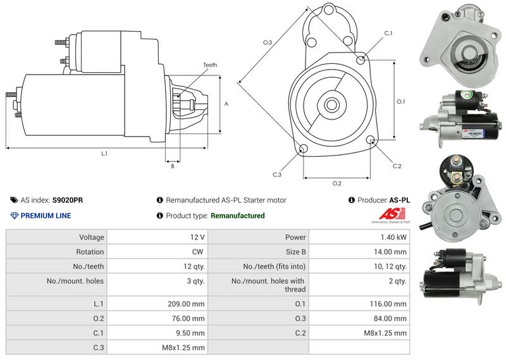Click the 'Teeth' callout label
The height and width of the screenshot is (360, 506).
[x=210, y=65]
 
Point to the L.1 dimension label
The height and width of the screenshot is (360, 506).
[x=104, y=154]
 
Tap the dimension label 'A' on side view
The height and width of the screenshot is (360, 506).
[x=226, y=103]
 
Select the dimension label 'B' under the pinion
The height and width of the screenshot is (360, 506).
[x=172, y=166]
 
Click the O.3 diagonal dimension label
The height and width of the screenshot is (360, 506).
[x=267, y=42]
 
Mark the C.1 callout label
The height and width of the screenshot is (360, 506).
[x=388, y=33]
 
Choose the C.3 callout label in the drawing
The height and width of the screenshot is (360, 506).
[x=277, y=175]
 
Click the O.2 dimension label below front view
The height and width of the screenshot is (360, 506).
[x=337, y=183]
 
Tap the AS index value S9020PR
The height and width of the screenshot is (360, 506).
[x=67, y=200]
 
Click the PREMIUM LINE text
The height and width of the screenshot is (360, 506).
[x=46, y=216]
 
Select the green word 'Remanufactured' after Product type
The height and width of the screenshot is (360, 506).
[x=237, y=216]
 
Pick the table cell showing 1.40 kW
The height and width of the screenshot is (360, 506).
[x=393, y=238]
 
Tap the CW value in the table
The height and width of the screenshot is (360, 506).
[x=199, y=252]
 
